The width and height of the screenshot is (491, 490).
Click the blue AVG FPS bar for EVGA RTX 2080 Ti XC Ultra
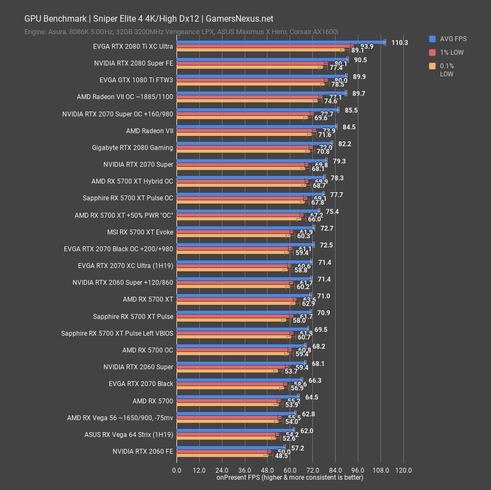(x=280, y=42)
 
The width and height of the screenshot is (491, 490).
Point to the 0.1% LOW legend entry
(x=447, y=70)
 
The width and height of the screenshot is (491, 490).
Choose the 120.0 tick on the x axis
(x=403, y=470)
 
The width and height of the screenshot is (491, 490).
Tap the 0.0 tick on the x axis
(x=177, y=470)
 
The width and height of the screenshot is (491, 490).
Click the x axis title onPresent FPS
(x=290, y=478)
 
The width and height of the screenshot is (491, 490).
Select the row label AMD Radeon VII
(x=149, y=131)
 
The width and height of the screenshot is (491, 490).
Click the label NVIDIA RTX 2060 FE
(x=143, y=451)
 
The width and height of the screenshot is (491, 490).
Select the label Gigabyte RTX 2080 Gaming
(x=133, y=148)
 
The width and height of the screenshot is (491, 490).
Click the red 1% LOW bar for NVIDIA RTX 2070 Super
(x=242, y=165)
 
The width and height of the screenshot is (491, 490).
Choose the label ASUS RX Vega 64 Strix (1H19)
(x=129, y=434)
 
